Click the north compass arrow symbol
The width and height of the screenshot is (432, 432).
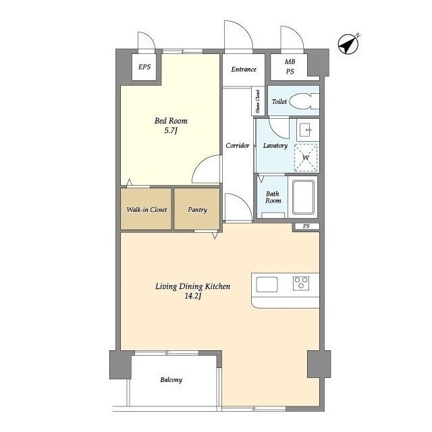coord(348,43)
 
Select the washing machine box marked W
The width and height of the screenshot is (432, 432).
coord(306,157)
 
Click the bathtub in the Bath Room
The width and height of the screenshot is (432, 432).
coord(303,197)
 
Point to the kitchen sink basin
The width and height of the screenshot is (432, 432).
coord(267,284)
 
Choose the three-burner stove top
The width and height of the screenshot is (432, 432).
coord(301,283)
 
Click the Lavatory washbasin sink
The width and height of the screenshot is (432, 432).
coord(308,130)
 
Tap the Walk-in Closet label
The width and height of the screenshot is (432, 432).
coord(146,210)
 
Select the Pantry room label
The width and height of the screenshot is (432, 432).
coord(197,210)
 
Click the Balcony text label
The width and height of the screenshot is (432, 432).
coord(171,380)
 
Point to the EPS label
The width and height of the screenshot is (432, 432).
coord(144,67)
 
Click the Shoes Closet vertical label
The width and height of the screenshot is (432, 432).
coord(258,101)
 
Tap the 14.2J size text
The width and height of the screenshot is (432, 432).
coord(193,296)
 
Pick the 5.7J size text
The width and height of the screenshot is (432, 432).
coord(171,130)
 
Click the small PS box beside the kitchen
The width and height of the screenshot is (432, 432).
coord(306,226)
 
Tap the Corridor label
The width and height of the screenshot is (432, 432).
coord(238,146)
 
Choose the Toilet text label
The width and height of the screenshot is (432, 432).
coord(279,101)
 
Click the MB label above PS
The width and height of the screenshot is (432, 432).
coord(290,61)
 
